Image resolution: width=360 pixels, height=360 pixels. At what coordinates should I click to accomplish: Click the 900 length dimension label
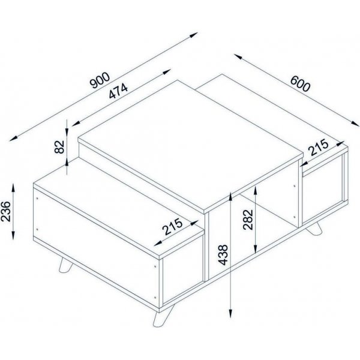[x=100, y=80]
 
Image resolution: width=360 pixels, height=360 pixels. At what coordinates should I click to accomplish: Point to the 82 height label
[x=59, y=148]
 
